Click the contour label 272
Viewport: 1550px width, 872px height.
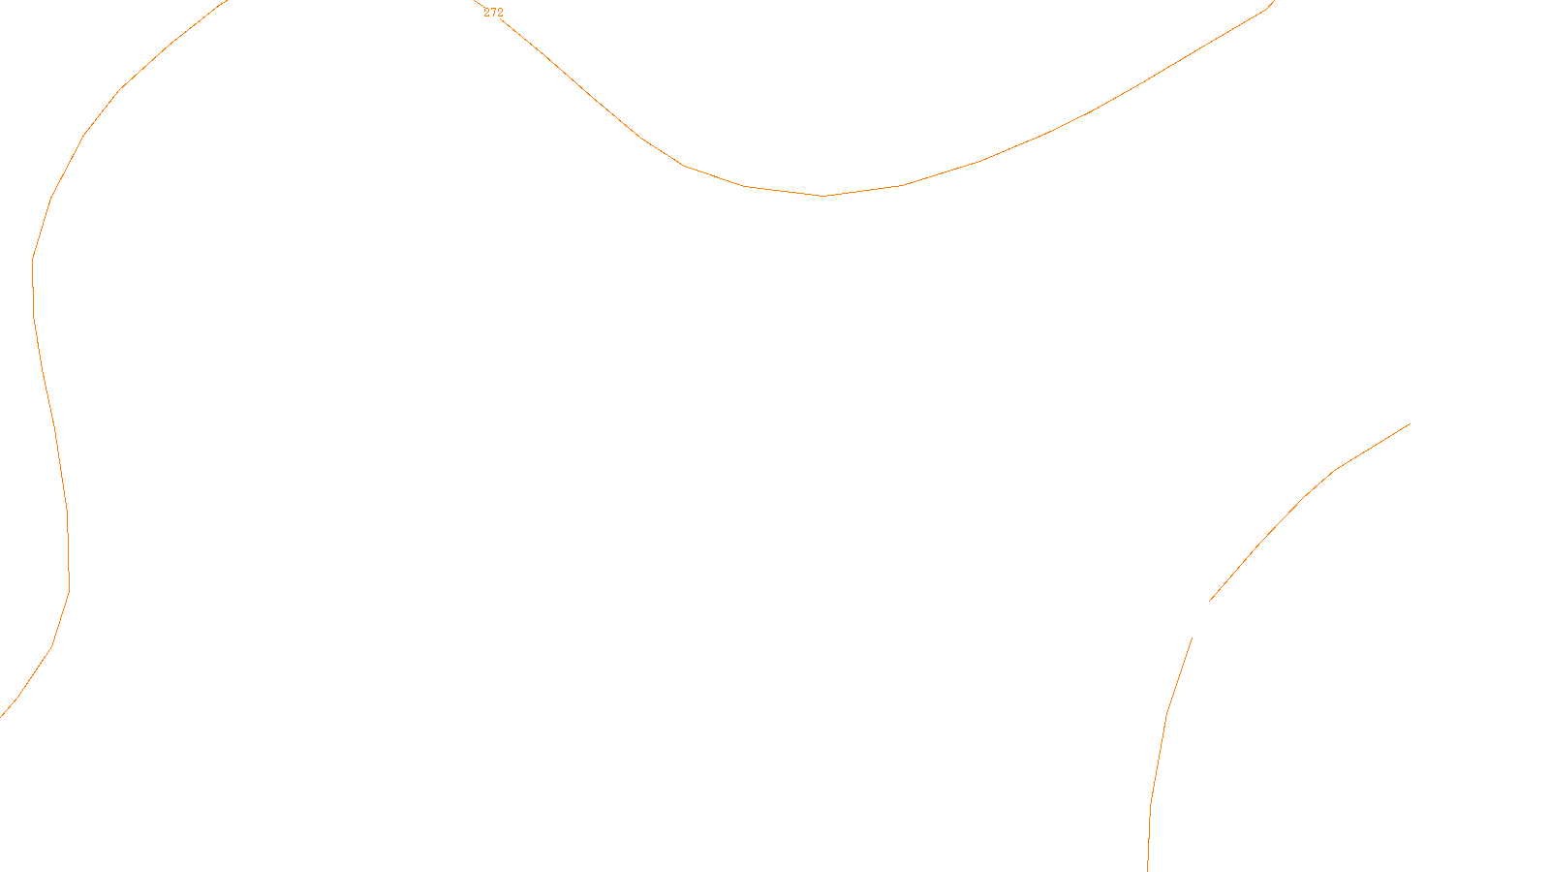493,13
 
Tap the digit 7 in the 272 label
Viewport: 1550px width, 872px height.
493,13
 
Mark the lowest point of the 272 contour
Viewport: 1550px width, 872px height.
823,196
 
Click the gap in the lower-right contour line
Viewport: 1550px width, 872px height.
1200,619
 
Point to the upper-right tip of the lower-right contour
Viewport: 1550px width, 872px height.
1410,423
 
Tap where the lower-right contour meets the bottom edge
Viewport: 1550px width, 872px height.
1148,869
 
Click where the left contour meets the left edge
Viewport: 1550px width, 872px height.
2,715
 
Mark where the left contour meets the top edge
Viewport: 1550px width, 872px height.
225,2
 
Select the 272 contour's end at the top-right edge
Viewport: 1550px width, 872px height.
1272,3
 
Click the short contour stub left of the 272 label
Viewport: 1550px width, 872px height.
478,4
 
